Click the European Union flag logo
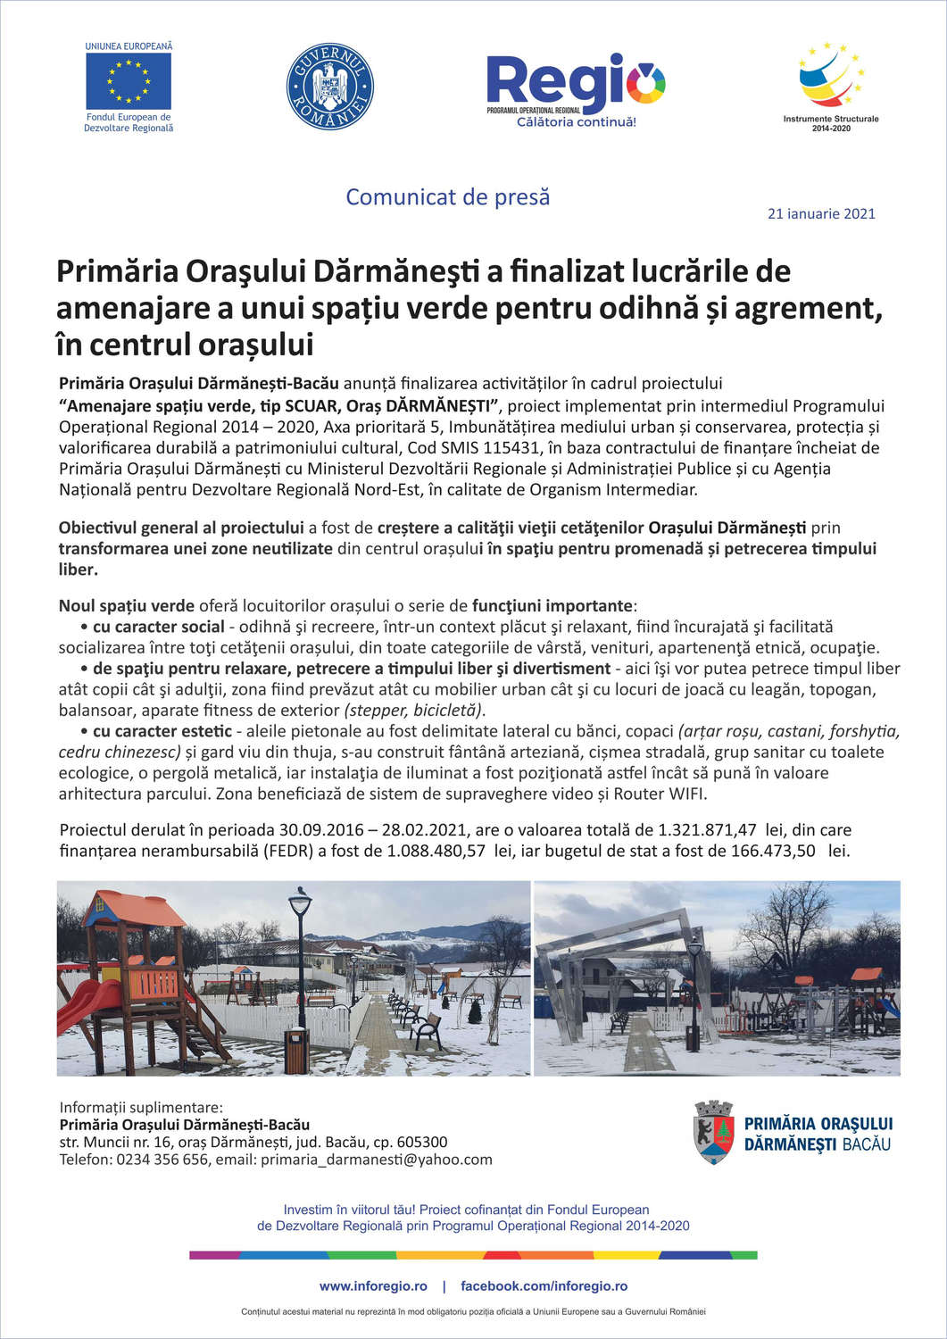coord(129,81)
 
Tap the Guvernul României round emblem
coord(329,87)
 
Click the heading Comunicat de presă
coord(447,196)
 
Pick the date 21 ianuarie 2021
coord(821,213)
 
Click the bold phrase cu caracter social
coord(158,627)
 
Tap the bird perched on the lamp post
coord(303,890)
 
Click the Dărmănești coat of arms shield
coord(713,1133)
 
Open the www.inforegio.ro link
coord(373,1286)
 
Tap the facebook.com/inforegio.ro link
coord(544,1286)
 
